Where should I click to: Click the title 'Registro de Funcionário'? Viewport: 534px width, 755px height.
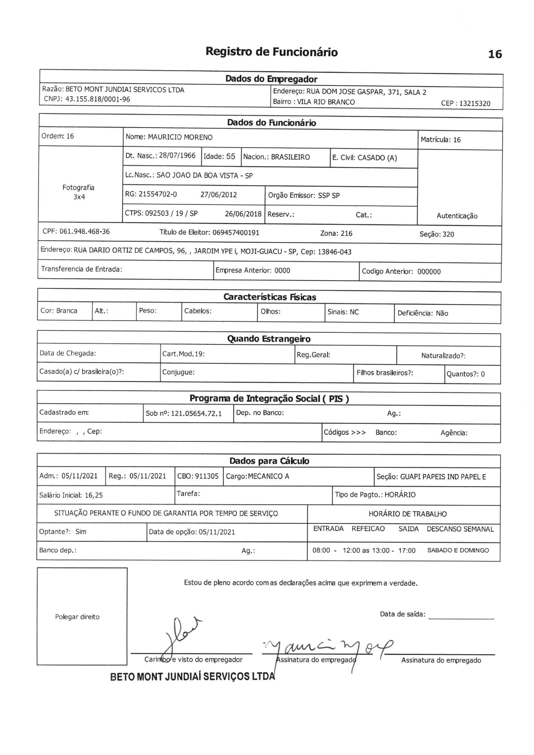[271, 52]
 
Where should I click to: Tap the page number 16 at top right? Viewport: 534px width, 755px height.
[495, 54]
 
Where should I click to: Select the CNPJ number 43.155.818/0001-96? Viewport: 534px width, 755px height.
[98, 99]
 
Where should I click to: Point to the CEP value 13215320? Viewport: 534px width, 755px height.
[475, 104]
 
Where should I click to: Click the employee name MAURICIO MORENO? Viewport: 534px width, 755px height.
[180, 137]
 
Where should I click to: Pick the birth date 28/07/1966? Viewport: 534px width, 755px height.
[177, 156]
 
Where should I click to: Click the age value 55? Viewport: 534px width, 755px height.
[230, 157]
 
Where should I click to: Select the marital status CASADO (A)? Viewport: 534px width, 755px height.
[377, 158]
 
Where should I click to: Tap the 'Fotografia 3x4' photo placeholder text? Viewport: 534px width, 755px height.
[79, 192]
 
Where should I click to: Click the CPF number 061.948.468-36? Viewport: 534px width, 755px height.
[84, 232]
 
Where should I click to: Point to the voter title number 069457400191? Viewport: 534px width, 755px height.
[236, 233]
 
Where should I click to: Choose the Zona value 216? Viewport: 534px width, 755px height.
[346, 233]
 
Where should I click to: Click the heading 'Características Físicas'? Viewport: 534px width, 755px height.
[269, 297]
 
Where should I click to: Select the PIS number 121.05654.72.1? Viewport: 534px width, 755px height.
[196, 413]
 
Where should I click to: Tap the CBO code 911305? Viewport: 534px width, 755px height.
[207, 476]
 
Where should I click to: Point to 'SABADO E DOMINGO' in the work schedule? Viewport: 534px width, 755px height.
[458, 550]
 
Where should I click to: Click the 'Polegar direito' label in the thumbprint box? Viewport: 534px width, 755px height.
[77, 616]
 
